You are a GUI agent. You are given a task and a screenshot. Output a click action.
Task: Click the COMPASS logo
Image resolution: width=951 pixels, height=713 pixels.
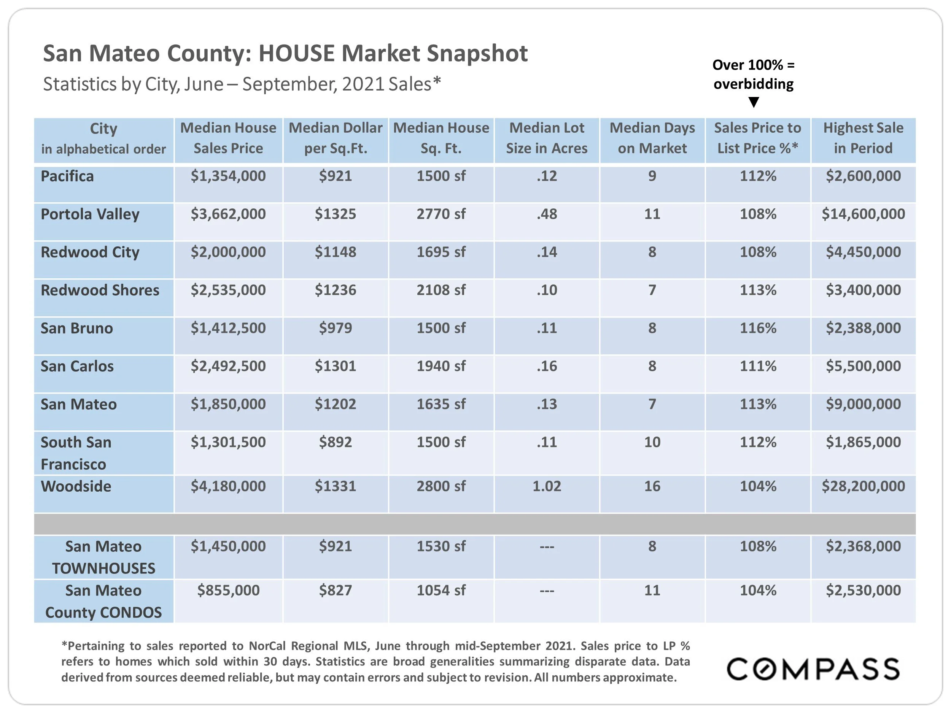click(813, 669)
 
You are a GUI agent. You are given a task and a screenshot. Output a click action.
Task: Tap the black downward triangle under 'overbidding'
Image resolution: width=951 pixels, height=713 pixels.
click(754, 102)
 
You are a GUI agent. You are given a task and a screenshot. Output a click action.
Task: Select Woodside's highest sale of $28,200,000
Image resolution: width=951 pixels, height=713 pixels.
click(863, 486)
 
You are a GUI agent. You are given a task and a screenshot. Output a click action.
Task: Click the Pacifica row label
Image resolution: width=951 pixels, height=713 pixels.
click(67, 176)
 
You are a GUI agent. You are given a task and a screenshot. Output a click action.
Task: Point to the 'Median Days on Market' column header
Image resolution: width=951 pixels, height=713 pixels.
click(652, 138)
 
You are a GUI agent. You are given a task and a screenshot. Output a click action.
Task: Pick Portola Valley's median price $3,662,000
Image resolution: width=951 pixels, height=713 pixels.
click(228, 214)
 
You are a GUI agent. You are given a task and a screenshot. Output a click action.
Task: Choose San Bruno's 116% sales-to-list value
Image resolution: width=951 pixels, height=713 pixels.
click(758, 328)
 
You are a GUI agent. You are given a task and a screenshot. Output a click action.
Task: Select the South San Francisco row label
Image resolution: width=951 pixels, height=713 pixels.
click(76, 453)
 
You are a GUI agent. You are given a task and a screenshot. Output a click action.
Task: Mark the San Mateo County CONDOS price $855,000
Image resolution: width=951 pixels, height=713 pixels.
click(228, 590)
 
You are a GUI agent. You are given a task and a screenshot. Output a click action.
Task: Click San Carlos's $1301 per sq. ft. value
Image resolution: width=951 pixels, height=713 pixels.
click(336, 366)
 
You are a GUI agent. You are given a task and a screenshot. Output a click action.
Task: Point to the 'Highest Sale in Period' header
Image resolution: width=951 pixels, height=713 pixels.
click(863, 138)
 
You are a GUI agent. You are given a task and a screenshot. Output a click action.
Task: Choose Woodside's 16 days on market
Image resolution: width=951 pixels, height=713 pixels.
click(652, 486)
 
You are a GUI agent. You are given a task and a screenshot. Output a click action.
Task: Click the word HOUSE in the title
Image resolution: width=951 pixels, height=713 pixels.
click(296, 54)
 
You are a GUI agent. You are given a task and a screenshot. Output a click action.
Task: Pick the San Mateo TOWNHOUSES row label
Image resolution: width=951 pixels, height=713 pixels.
click(103, 557)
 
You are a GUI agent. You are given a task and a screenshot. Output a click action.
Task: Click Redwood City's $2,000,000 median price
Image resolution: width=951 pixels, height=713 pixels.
click(228, 252)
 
